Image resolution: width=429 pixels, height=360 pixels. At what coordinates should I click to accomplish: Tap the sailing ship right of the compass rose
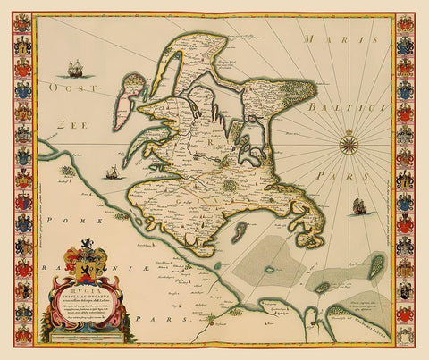[359, 205]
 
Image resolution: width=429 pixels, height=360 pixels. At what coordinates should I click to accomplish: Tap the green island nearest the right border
[375, 264]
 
